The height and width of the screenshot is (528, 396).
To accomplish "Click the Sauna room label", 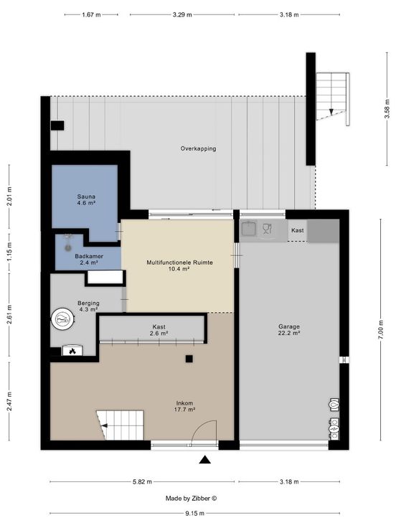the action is (86, 199).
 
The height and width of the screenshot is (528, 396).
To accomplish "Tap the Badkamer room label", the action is (89, 259).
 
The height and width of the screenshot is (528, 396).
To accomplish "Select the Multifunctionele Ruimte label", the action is (179, 265).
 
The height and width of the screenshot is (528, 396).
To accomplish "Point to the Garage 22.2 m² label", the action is (289, 330).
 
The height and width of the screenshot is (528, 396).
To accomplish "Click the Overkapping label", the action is (198, 148).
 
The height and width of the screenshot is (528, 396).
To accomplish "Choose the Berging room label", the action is (88, 306).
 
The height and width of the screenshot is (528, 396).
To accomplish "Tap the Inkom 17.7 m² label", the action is (184, 407).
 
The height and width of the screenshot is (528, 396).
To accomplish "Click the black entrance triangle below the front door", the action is (204, 460).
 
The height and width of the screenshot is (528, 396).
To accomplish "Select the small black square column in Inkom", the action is (189, 359).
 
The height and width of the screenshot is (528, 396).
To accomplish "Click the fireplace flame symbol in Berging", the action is (72, 352).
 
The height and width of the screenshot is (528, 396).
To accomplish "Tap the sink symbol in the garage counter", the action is (248, 228).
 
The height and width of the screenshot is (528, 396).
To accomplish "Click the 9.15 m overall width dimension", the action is (194, 514).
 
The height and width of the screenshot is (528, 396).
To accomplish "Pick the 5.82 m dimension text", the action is (142, 482).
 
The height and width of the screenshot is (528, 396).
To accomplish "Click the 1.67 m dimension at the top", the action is (91, 15).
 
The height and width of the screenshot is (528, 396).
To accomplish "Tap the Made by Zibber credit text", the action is (191, 499).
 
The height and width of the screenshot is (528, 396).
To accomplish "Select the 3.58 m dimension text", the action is (387, 108).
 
